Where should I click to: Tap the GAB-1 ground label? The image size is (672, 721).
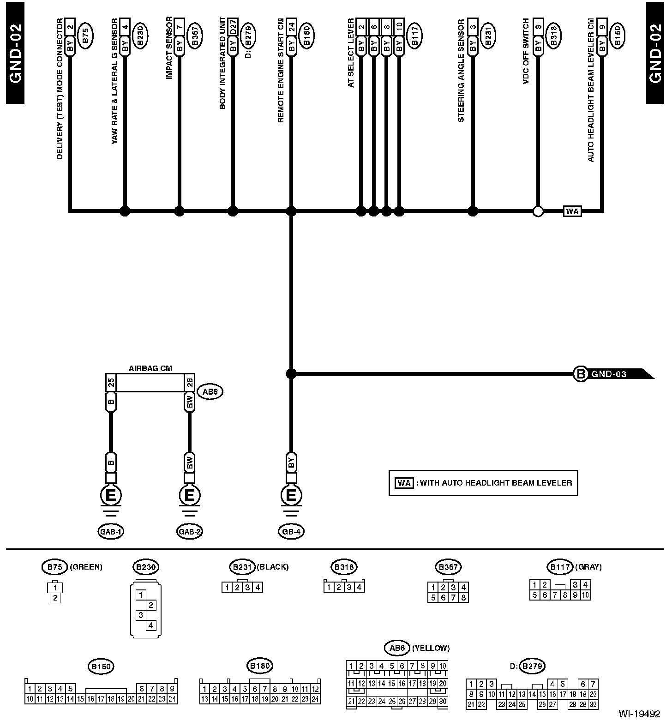click(111, 531)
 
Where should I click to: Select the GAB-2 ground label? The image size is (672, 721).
click(189, 531)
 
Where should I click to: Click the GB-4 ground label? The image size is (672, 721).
click(291, 531)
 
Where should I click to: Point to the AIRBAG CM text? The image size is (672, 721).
click(150, 368)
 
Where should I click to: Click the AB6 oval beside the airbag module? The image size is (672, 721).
click(210, 392)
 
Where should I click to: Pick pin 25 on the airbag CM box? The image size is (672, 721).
click(111, 383)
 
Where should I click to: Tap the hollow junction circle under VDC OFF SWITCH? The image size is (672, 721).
click(538, 211)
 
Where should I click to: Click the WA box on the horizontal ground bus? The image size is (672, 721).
click(572, 211)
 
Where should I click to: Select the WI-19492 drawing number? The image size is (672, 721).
click(639, 714)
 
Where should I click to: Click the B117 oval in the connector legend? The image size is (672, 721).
click(560, 566)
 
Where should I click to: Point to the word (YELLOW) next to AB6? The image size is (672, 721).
click(432, 648)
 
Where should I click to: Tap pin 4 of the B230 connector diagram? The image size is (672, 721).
click(151, 626)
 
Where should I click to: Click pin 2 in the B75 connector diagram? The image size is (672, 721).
click(55, 598)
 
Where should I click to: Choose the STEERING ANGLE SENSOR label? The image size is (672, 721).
click(461, 70)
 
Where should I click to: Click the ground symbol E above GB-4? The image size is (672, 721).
click(291, 496)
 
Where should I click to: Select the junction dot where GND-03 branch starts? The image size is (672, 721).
click(291, 373)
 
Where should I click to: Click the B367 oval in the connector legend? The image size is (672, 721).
click(448, 566)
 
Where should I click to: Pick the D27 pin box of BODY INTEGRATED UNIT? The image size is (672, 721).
click(233, 25)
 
